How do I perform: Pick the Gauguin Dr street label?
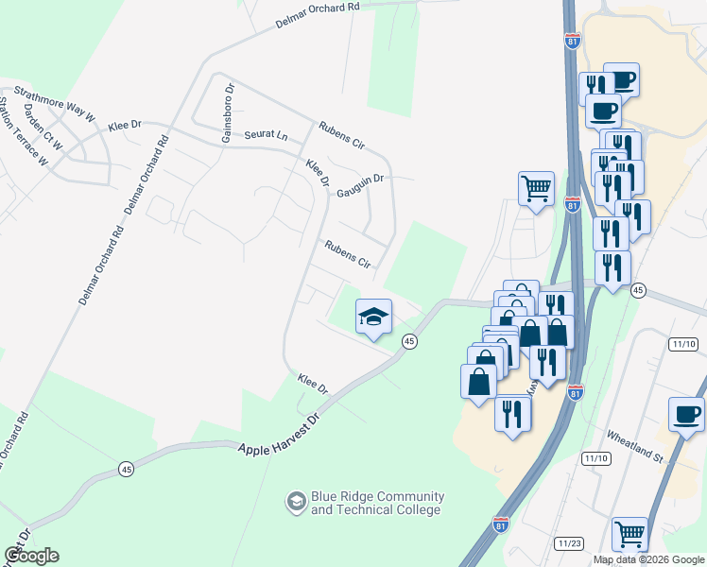pyautogui.click(x=360, y=186)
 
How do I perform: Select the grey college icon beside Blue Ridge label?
pyautogui.click(x=297, y=502)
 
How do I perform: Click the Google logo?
pyautogui.click(x=31, y=556)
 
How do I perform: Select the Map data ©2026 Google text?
pyautogui.click(x=648, y=559)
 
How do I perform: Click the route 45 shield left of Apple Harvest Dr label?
pyautogui.click(x=127, y=469)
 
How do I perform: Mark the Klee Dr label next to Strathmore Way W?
pyautogui.click(x=124, y=125)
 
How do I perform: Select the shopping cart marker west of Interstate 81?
pyautogui.click(x=536, y=188)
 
